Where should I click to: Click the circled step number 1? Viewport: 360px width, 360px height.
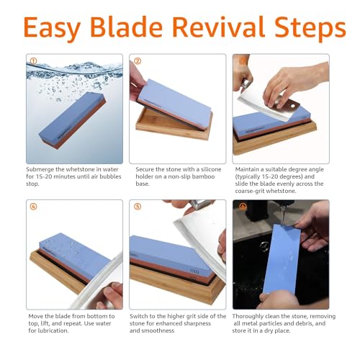click(32, 61)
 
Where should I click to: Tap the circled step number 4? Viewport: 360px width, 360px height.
click(32, 207)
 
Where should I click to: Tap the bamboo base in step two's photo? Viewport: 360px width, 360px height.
click(173, 126)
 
